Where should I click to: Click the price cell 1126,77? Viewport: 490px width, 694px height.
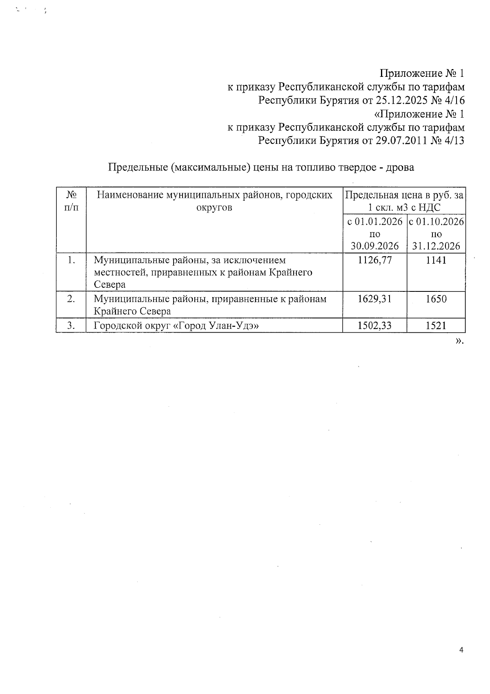coord(374,260)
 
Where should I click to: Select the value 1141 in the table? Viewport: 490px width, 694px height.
coord(436,260)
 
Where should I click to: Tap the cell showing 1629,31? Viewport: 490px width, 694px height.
coord(374,299)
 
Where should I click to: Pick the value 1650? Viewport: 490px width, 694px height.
coord(436,299)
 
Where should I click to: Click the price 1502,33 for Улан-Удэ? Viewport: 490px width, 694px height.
coord(374,326)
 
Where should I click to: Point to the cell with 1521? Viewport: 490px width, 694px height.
coord(436,326)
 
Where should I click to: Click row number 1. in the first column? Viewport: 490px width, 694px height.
coord(71,260)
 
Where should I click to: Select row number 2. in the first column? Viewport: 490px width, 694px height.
coord(71,299)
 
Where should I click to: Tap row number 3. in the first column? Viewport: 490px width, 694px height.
coord(71,326)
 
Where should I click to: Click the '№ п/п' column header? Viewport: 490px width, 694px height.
coord(71,201)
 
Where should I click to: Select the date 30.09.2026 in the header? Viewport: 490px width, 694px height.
coord(374,246)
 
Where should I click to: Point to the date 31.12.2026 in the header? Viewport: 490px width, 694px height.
coord(436,246)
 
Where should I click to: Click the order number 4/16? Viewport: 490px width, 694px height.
coord(453,100)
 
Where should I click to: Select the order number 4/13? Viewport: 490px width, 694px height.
coord(453,141)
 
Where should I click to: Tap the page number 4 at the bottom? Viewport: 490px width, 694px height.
coord(461,650)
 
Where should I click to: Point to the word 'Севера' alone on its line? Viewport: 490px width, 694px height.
coord(109,284)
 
